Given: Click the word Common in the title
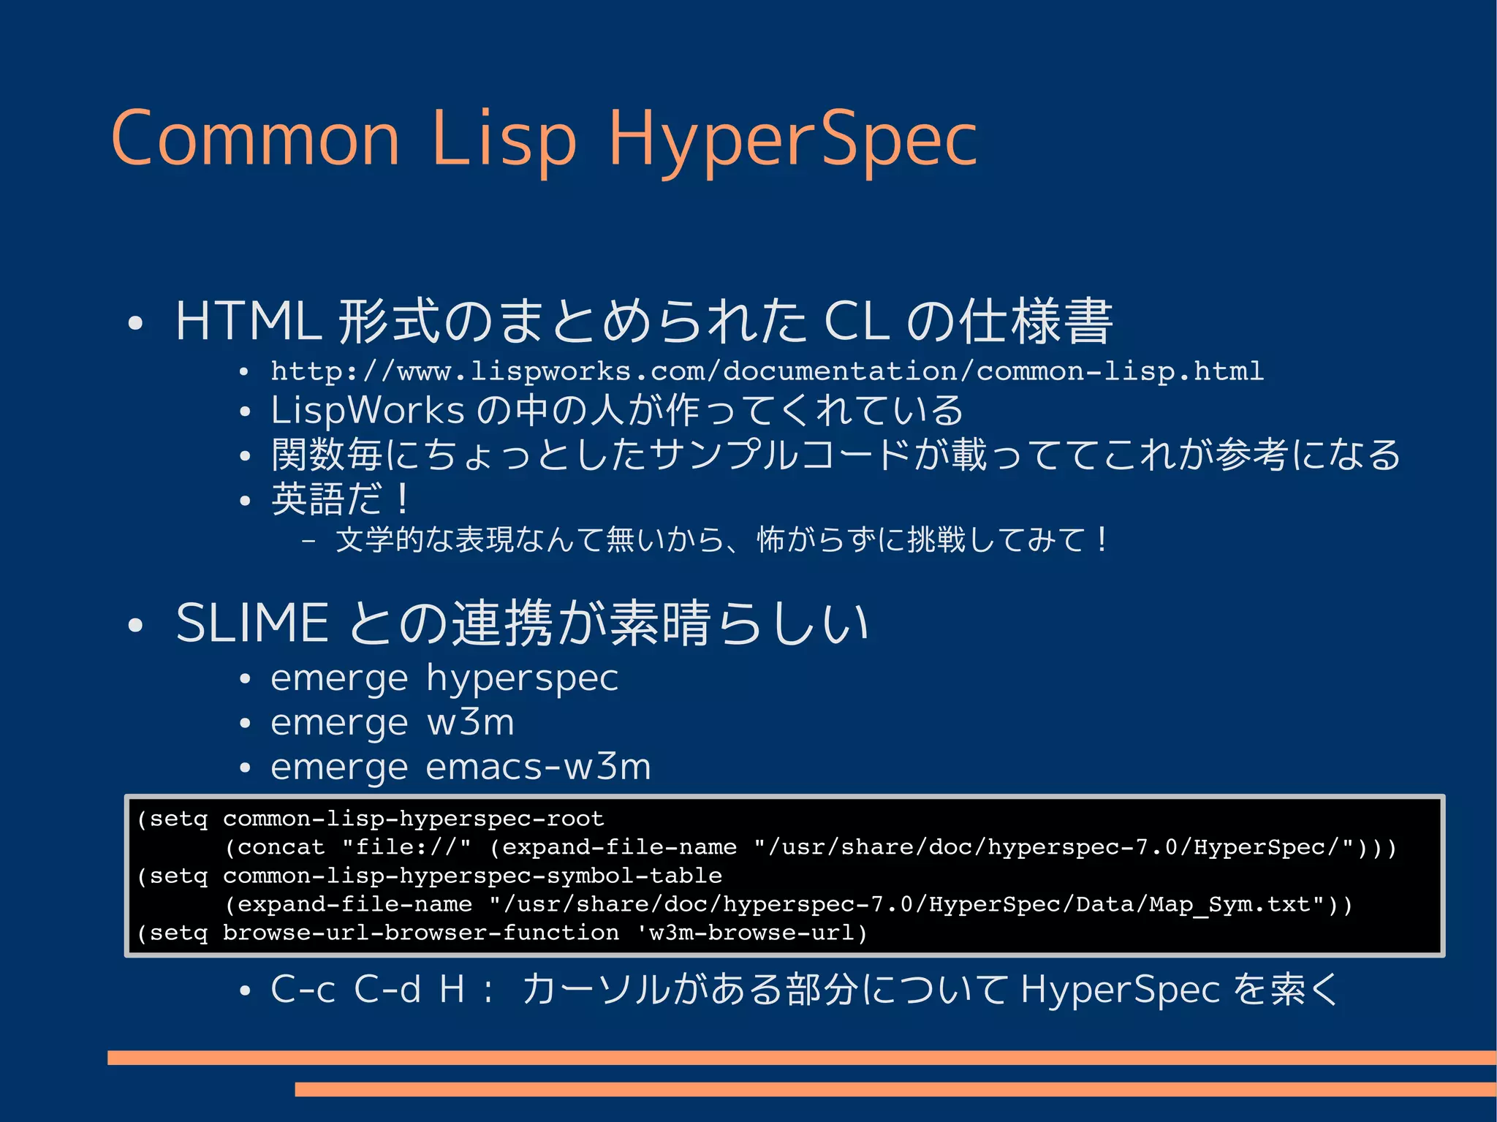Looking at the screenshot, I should tap(256, 139).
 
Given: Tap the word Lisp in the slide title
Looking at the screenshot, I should tap(504, 139).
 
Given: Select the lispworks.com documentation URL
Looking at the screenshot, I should tap(767, 371).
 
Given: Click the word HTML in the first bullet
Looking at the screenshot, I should tap(249, 322).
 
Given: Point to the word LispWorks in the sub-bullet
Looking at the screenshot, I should tap(367, 410).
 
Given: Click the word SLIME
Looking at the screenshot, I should tap(252, 623).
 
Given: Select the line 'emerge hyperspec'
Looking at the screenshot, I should tap(444, 678).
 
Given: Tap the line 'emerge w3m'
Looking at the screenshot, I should tap(393, 723).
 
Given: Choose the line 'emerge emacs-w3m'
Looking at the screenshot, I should tap(461, 767).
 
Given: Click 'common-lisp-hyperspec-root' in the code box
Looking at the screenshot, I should tap(414, 819).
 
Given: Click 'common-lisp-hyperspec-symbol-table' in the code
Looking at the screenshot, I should tap(472, 876).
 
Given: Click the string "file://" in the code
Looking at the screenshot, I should tap(406, 847).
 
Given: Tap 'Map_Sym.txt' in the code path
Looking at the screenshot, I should tap(1235, 905).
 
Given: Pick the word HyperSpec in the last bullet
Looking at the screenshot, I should tap(1120, 990).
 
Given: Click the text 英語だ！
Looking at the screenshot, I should tap(341, 500).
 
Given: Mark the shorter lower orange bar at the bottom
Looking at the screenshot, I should tap(895, 1089).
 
